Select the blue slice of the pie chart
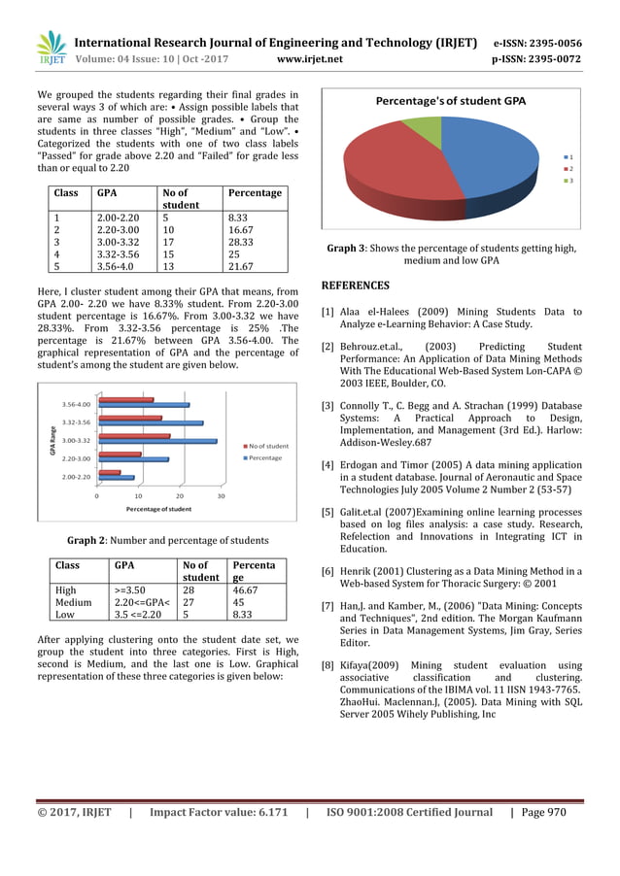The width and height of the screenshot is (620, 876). pyautogui.click(x=481, y=160)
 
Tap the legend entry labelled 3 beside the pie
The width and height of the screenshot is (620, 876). pyautogui.click(x=569, y=181)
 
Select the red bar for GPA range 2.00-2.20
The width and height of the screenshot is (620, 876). pyautogui.click(x=109, y=473)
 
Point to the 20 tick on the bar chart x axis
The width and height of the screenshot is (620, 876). pyautogui.click(x=180, y=495)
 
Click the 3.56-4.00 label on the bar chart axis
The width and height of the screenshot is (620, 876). pyautogui.click(x=76, y=403)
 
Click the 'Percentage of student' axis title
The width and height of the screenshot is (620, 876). pyautogui.click(x=158, y=508)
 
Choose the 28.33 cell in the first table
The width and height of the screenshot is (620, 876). pyautogui.click(x=241, y=239)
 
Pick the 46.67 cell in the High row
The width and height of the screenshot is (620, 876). pyautogui.click(x=241, y=588)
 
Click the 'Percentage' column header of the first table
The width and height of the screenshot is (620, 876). pyautogui.click(x=254, y=193)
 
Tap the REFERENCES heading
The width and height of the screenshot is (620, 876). pyautogui.click(x=355, y=286)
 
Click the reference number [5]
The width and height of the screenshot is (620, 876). pyautogui.click(x=327, y=512)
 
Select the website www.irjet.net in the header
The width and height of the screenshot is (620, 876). pyautogui.click(x=310, y=58)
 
